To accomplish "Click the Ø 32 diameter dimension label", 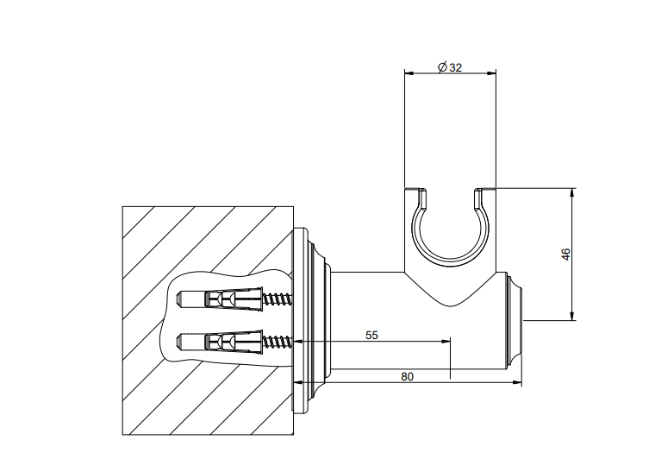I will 450,67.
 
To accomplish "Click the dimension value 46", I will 565,255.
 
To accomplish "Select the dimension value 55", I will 371,334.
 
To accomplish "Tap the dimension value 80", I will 407,375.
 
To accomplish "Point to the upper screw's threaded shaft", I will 278,299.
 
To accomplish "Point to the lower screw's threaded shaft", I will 278,342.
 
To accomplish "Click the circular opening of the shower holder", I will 449,230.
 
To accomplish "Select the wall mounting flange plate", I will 303,319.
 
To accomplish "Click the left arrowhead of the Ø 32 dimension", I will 409,73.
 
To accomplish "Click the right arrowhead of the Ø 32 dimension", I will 493,73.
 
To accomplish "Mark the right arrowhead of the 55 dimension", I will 446,342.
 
